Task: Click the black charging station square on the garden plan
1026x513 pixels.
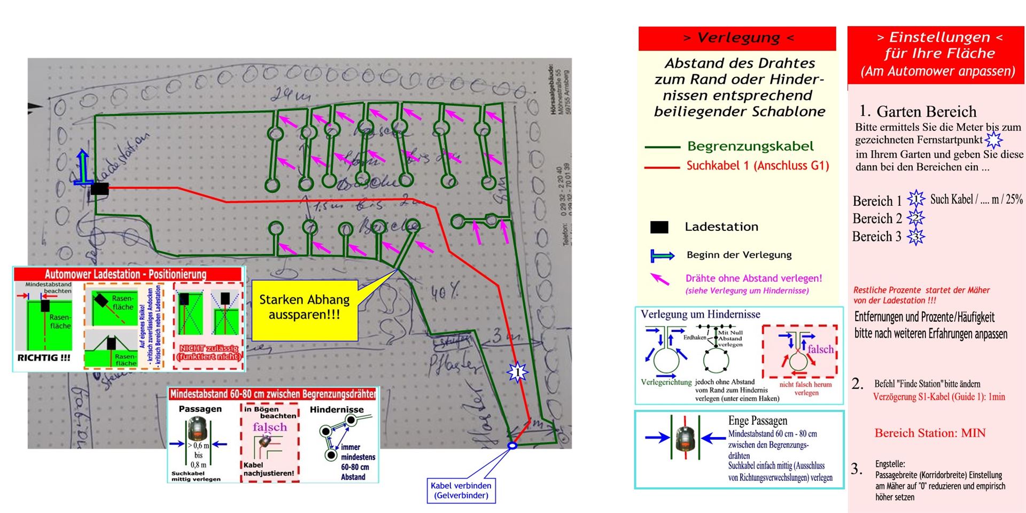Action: (99, 189)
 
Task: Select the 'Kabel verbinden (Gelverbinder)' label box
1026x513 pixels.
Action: (461, 490)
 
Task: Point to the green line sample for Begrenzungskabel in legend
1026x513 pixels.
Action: (662, 147)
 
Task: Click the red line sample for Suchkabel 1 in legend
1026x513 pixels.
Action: (662, 167)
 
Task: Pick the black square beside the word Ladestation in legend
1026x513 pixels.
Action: (659, 227)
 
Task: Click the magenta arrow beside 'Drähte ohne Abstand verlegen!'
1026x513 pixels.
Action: (660, 279)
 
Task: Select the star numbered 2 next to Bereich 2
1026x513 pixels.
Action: (915, 218)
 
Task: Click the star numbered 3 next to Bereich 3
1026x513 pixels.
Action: (915, 236)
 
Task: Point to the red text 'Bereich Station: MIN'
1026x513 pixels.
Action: (930, 433)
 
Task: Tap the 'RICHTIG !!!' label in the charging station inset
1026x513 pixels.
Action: (44, 358)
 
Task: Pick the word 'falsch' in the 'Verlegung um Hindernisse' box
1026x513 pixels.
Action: (820, 349)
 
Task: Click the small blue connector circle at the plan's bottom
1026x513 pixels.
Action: (512, 445)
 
